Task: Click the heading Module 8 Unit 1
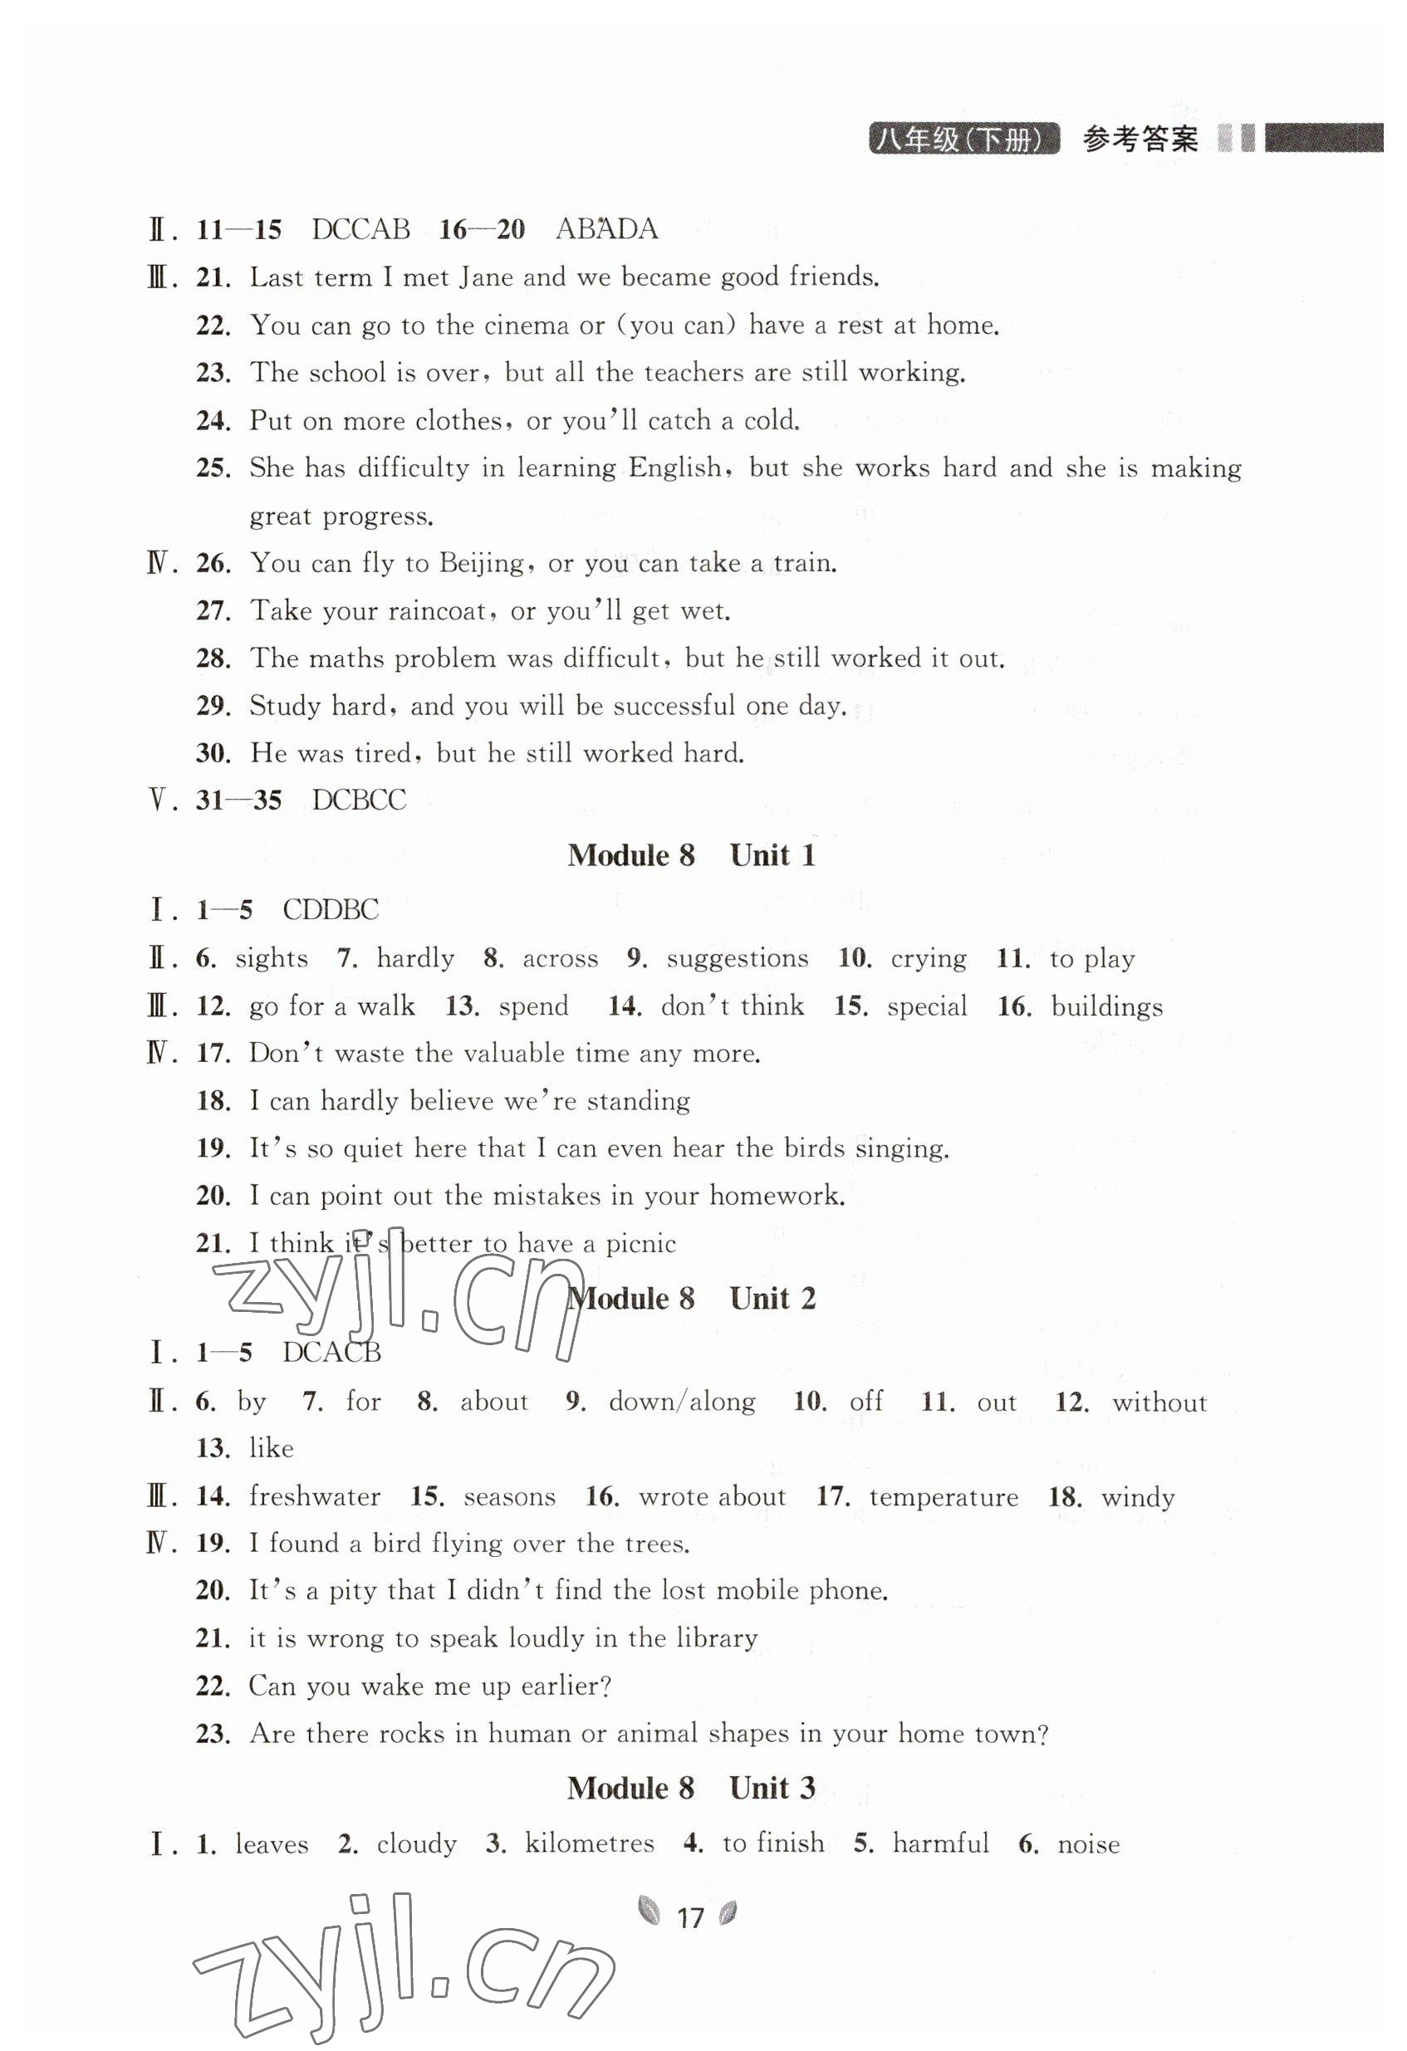(691, 855)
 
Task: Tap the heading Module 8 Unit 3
(691, 1788)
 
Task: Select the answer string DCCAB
(361, 229)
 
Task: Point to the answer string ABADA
(606, 229)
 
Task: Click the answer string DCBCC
(360, 800)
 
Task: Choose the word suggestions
(737, 958)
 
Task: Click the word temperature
(944, 1497)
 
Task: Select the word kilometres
(590, 1843)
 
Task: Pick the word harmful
(941, 1843)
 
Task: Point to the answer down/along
(682, 1402)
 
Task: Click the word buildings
(1107, 1007)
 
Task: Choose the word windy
(1138, 1497)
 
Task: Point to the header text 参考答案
(1140, 140)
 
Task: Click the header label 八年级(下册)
(964, 140)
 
